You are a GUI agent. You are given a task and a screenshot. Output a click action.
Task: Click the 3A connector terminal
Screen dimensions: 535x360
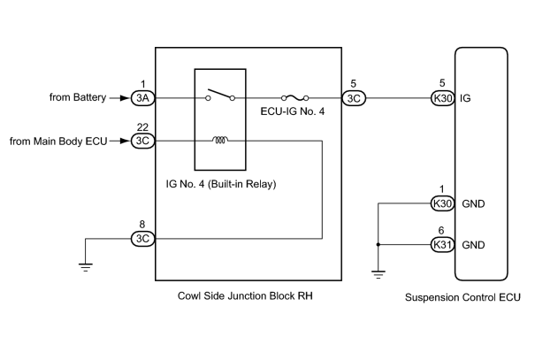pos(143,98)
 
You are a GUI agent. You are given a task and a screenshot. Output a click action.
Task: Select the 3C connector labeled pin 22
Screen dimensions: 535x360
pos(143,141)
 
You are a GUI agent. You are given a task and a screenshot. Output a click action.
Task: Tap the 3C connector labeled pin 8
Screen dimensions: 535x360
pos(143,239)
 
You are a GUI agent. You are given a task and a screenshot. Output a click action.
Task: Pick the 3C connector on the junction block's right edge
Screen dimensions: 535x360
pos(354,98)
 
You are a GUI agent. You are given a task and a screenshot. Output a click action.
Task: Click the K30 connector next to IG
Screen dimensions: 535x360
pos(442,98)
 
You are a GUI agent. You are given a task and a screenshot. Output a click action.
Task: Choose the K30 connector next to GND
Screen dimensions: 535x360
pos(442,203)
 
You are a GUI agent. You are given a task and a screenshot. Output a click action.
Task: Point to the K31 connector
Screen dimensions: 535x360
pos(442,245)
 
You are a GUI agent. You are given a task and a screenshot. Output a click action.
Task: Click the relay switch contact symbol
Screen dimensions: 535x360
pos(220,96)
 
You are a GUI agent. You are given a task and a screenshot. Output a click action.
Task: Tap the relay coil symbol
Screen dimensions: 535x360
pos(220,140)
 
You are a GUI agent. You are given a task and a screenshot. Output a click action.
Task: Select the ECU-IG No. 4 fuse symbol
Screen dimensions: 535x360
pos(294,98)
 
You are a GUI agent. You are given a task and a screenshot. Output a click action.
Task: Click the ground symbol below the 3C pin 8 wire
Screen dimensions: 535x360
pos(85,267)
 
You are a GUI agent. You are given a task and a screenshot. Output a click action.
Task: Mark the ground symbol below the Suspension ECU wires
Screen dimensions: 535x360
pos(378,275)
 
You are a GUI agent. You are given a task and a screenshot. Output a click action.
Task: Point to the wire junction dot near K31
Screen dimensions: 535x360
pos(378,245)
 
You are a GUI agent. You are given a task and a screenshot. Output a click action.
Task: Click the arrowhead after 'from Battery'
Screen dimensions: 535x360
pos(125,98)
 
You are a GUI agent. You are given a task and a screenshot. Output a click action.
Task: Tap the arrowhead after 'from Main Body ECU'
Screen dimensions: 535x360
pos(125,141)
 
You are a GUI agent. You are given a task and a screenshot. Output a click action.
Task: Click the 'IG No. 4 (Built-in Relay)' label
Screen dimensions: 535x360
pos(221,184)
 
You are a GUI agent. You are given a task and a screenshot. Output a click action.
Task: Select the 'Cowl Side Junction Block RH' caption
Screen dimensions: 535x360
pos(245,295)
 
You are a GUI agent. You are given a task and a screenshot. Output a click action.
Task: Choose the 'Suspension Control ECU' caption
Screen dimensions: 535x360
pos(462,297)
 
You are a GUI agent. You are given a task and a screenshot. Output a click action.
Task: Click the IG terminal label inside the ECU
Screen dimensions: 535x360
pos(465,98)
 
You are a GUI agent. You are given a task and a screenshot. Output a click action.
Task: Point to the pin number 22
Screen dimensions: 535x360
pos(142,127)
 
